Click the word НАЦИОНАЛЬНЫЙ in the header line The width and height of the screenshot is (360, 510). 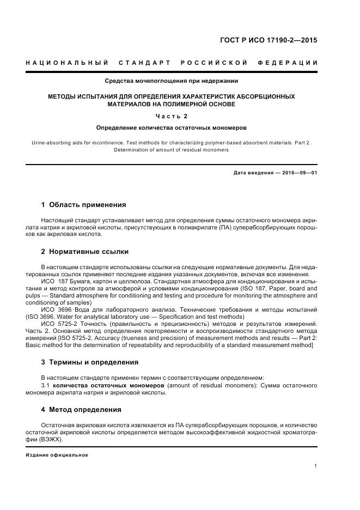66,63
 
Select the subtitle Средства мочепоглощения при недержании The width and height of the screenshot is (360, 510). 172,82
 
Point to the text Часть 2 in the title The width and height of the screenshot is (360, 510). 172,116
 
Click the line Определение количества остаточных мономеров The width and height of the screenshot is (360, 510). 172,128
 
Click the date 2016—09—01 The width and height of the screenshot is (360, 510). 298,173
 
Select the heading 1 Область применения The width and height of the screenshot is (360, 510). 83,205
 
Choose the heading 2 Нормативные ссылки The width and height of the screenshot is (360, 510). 84,252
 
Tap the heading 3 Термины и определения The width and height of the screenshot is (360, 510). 89,362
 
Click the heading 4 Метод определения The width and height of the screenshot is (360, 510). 81,410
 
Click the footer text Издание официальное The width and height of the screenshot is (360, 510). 57,455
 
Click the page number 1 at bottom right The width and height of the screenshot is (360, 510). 316,466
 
